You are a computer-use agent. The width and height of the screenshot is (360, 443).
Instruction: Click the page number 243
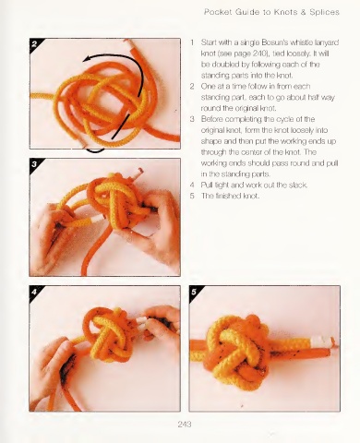pos(185,425)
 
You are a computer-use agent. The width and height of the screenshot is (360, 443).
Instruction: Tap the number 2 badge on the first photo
pos(34,44)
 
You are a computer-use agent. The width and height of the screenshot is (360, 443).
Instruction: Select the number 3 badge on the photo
pos(34,164)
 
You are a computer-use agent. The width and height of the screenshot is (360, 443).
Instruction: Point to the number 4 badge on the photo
pos(34,292)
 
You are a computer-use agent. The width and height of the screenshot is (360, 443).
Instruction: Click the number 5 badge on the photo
pos(194,292)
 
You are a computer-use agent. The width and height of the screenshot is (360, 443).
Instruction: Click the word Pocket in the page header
pos(218,12)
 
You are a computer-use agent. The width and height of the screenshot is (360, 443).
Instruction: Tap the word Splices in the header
pos(325,12)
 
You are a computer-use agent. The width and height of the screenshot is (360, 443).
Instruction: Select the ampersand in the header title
pos(304,12)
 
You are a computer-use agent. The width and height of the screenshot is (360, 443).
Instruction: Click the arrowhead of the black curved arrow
pos(87,58)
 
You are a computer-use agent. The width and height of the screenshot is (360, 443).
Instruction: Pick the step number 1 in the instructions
pos(192,42)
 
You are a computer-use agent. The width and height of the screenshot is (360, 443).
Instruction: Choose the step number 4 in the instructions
pos(192,185)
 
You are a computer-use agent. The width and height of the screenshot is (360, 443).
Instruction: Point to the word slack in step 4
pos(297,185)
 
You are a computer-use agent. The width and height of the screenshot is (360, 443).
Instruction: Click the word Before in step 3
pos(212,119)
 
